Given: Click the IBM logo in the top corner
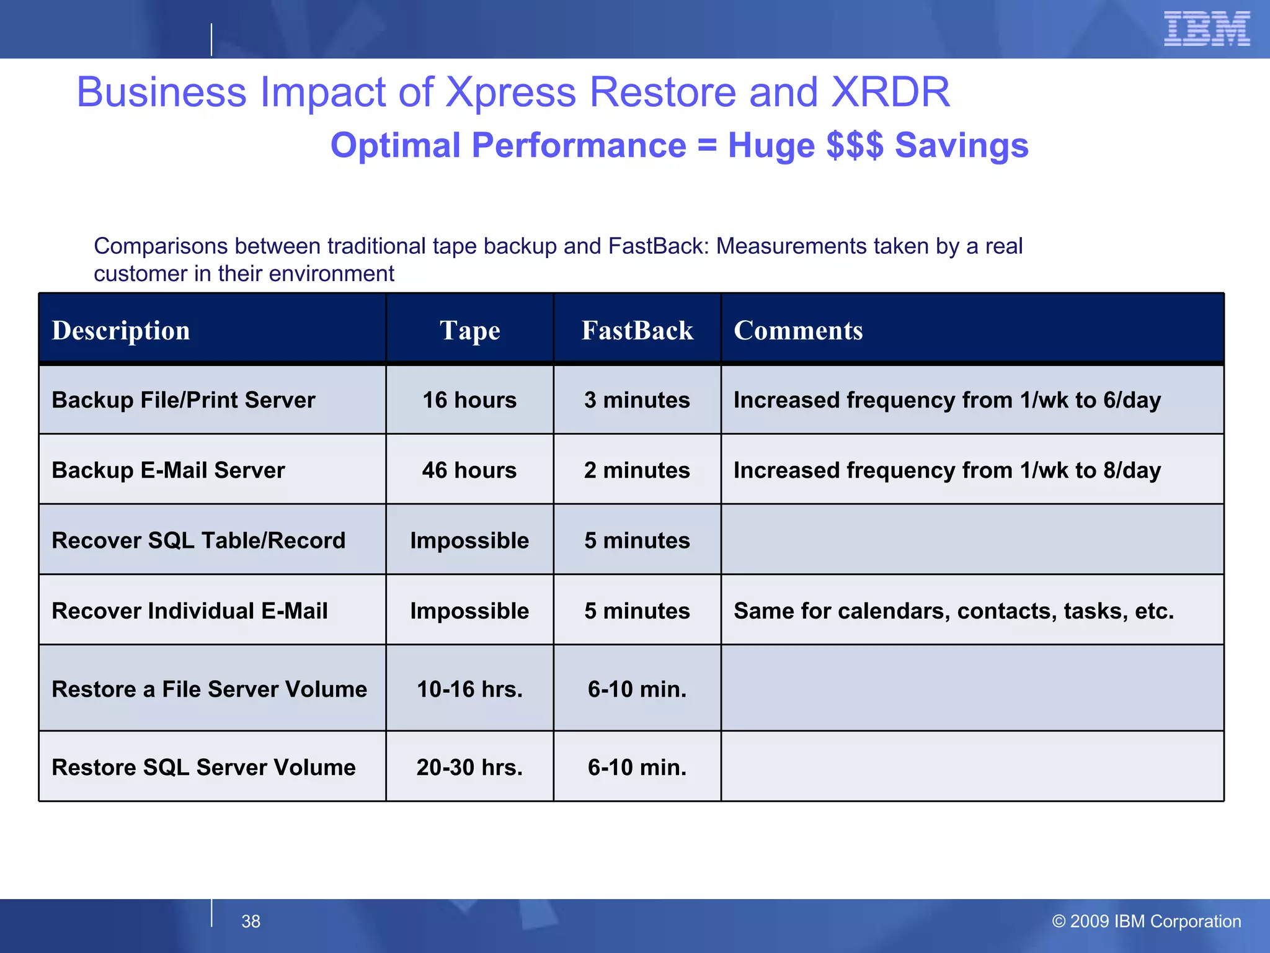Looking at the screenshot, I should (1207, 29).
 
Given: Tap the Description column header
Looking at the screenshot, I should (121, 330).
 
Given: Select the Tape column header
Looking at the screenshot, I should (469, 330).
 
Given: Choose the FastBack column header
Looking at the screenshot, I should (637, 330).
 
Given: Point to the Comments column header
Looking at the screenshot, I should (798, 330).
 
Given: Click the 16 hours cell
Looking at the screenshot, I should (469, 400).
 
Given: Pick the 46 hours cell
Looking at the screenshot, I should (469, 470).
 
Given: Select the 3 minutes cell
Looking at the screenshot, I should (637, 400).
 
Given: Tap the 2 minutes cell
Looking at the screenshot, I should (637, 470).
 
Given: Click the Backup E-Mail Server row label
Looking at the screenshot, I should (169, 470).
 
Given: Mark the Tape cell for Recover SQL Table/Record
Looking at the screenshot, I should (469, 540).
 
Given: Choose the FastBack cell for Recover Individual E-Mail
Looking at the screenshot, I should (637, 611).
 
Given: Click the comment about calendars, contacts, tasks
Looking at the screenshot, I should (954, 611).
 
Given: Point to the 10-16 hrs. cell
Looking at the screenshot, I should (469, 689).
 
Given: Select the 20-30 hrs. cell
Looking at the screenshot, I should (469, 767).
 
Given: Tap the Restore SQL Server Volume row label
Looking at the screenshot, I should (203, 767).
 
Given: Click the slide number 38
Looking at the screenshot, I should (251, 921).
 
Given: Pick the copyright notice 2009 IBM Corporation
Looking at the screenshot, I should (1147, 921).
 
